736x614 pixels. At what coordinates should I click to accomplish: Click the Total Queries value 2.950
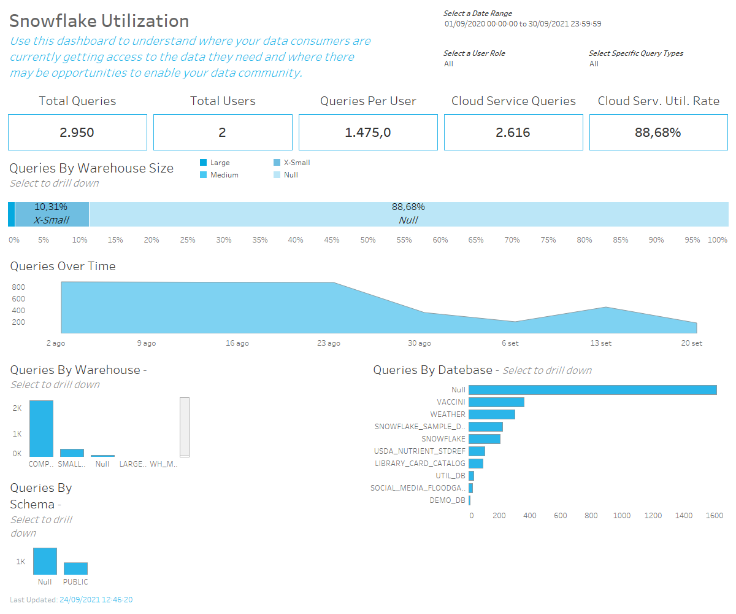pos(77,133)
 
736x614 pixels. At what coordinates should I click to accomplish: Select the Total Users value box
pos(223,133)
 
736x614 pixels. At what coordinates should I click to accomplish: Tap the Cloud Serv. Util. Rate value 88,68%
pos(658,133)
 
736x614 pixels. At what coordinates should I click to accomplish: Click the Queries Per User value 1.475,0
pos(368,133)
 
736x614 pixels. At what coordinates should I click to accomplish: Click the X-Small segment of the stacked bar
pos(52,214)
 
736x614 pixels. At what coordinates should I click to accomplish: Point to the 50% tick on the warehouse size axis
pos(368,240)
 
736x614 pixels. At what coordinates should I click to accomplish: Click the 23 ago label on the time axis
pos(329,343)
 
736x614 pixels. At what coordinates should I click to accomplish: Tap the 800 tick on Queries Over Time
pos(18,287)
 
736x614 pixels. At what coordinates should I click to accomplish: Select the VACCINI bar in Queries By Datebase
pos(496,402)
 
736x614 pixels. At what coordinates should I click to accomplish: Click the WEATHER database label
pos(448,414)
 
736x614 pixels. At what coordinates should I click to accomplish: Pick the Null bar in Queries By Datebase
pos(592,390)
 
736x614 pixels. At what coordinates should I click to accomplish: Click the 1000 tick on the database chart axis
pos(622,516)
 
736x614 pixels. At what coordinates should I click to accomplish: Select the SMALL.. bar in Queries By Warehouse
pos(72,453)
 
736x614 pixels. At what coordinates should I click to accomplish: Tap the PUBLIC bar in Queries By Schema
pos(75,569)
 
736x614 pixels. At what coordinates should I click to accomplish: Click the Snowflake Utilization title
pos(99,21)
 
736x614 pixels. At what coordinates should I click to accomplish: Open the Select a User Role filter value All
pos(448,64)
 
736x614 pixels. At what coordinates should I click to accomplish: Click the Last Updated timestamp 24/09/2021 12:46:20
pos(96,600)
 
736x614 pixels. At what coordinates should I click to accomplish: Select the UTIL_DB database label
pos(451,476)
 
